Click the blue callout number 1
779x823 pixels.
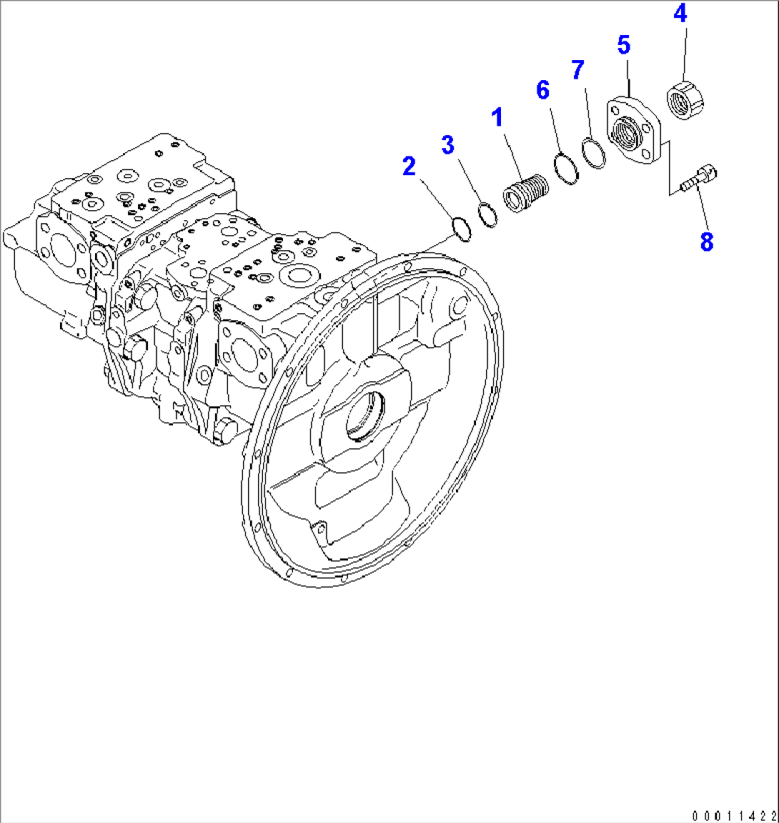496,117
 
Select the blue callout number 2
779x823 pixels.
409,167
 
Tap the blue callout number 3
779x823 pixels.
447,144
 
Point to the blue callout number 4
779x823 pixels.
681,14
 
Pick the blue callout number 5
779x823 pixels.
624,46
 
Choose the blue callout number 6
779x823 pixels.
543,90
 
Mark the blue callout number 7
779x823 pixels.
577,70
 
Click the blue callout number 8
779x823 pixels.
706,242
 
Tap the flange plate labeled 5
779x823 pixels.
635,133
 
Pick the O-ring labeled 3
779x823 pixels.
487,215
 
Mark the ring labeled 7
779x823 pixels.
593,153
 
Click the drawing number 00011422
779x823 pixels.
733,815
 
